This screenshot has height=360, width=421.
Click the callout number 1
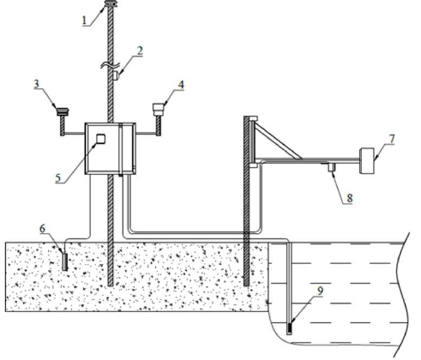[85, 21]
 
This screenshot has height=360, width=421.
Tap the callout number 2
[139, 51]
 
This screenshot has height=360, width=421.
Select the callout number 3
[36, 84]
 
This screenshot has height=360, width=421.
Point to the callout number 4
[181, 85]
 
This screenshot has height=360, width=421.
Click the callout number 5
[59, 178]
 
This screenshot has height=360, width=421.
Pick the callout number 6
[42, 229]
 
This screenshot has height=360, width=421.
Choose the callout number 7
[392, 139]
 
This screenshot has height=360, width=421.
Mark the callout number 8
[349, 198]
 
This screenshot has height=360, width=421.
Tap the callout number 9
[320, 291]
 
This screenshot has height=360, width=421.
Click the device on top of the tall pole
[111, 3]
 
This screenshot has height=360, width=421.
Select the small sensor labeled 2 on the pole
[115, 75]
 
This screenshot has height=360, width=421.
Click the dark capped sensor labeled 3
[63, 112]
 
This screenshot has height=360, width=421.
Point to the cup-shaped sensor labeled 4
[158, 110]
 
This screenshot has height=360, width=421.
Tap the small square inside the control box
[101, 139]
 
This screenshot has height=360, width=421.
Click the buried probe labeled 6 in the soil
[65, 262]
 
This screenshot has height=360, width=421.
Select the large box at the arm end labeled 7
[367, 161]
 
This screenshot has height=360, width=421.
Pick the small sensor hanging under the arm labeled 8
[331, 167]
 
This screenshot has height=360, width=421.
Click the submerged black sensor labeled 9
[289, 328]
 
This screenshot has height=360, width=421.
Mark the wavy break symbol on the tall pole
[110, 65]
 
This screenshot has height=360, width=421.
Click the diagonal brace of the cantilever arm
[278, 140]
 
